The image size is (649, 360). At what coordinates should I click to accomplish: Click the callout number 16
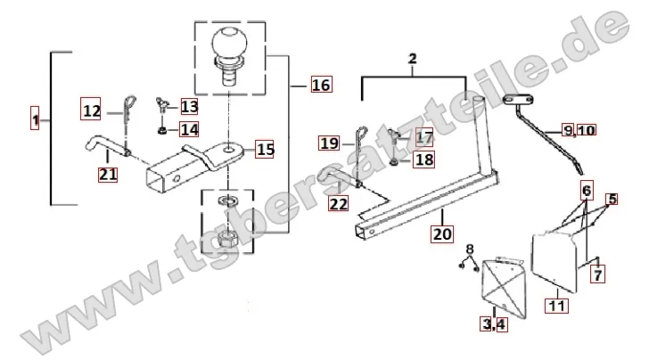click(x=320, y=86)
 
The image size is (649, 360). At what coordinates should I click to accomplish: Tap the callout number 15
click(x=266, y=149)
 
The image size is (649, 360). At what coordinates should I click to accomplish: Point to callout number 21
click(x=108, y=174)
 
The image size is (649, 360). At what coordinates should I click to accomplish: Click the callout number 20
click(x=442, y=235)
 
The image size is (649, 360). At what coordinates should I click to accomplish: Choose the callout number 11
click(x=556, y=307)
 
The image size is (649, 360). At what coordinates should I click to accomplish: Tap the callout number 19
click(x=329, y=143)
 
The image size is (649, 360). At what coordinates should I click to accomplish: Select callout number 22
click(x=338, y=204)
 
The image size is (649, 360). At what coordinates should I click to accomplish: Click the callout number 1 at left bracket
click(x=35, y=119)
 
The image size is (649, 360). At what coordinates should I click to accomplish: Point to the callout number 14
click(x=189, y=130)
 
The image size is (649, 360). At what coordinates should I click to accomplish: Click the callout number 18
click(x=423, y=160)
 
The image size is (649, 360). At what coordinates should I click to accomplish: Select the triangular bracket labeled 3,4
click(x=498, y=284)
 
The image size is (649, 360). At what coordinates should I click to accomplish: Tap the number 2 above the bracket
click(x=413, y=60)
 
